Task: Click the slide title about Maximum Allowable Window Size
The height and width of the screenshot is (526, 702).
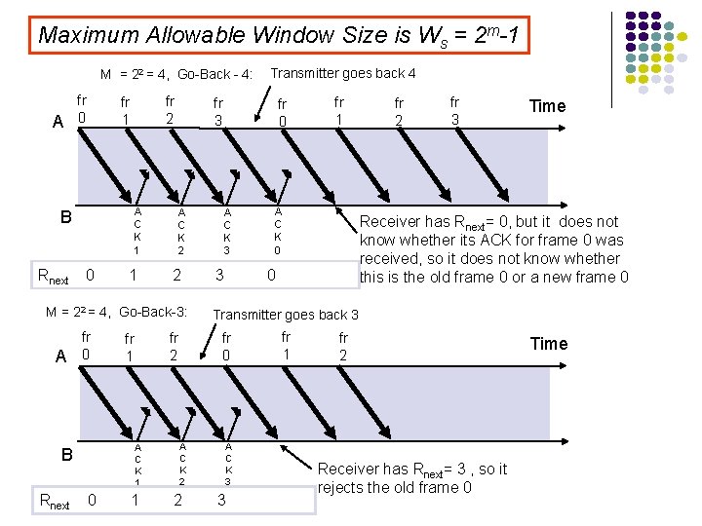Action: (x=284, y=36)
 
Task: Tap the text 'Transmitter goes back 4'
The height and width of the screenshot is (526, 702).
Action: (x=343, y=73)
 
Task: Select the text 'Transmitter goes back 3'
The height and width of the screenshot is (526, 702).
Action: (x=286, y=315)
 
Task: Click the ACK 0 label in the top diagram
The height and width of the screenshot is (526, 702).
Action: (x=278, y=230)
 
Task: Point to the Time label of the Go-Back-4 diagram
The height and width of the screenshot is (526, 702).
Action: (x=546, y=106)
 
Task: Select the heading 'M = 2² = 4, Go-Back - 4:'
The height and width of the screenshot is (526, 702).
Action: (x=176, y=75)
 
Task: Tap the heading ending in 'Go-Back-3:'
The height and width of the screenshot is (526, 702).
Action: (x=116, y=313)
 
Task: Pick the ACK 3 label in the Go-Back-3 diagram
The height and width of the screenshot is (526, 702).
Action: (x=227, y=464)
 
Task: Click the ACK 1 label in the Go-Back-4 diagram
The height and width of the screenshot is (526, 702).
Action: (x=137, y=230)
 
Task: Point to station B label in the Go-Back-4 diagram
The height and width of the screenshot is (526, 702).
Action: (x=66, y=216)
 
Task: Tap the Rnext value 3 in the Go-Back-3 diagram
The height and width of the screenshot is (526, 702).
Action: (x=221, y=501)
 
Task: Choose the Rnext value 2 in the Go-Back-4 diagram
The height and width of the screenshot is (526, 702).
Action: (x=176, y=276)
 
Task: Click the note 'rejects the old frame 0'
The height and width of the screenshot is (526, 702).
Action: (x=395, y=487)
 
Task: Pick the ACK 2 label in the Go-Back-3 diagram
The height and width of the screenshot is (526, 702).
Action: (x=182, y=464)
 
